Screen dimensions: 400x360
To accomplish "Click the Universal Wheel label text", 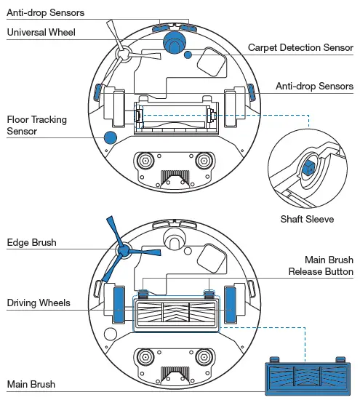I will point(41,33).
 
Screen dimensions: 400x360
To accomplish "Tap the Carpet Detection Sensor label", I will point(300,47).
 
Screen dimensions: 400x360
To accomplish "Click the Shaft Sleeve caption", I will point(307,219).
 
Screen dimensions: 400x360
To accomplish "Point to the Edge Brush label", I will point(31,242).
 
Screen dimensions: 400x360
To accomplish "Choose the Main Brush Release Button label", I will point(321,265).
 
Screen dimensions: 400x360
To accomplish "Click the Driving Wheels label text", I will point(39,302).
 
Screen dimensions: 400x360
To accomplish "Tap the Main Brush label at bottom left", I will point(31,384).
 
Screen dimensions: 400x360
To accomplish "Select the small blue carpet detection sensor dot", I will point(188,55).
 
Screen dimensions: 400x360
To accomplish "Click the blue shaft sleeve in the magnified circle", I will point(306,169).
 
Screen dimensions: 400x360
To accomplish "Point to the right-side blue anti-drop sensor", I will point(252,92).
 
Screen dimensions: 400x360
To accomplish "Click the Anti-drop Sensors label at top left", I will point(45,13).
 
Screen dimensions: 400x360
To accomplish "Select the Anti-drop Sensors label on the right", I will point(314,86).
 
